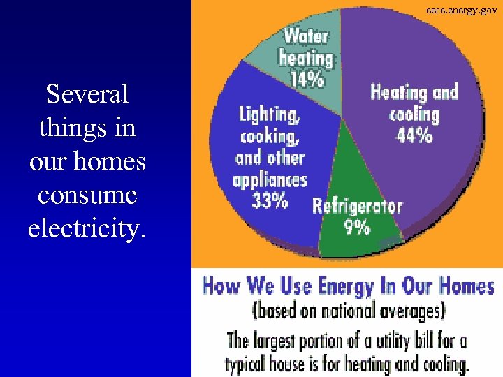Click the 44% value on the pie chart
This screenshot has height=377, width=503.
click(414, 135)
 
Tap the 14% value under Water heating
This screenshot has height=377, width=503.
click(308, 79)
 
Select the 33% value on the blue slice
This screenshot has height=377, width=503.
click(270, 200)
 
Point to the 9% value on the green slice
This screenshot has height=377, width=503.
click(357, 227)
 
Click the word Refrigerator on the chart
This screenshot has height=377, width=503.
click(357, 206)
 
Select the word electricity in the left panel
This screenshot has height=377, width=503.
click(87, 227)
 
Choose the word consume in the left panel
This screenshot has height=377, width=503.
click(87, 194)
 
